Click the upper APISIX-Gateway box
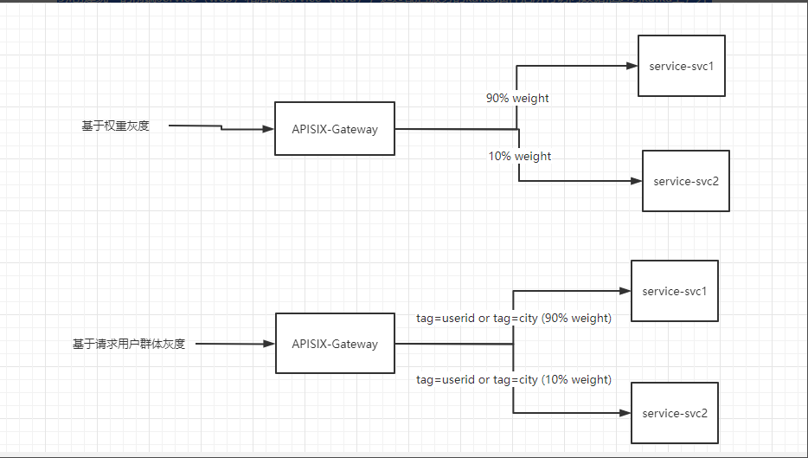[335, 129]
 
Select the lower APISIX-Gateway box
[335, 344]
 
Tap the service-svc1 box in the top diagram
[681, 66]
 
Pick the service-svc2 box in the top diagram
[686, 181]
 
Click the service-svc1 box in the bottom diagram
[675, 291]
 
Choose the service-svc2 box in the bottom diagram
[675, 413]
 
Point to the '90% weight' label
[517, 98]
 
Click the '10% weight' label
[519, 156]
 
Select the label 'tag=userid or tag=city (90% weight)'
[514, 318]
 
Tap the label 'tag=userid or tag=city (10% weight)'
[514, 379]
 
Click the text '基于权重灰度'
[116, 126]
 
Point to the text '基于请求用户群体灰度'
[129, 344]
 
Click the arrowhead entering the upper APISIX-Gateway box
[268, 130]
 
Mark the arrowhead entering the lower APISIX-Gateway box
[269, 344]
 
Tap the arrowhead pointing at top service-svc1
[632, 66]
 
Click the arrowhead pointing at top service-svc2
[636, 181]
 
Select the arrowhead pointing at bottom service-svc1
[625, 291]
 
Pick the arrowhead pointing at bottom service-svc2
[625, 413]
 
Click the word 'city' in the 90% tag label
[527, 318]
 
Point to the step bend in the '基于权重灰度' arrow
[222, 128]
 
